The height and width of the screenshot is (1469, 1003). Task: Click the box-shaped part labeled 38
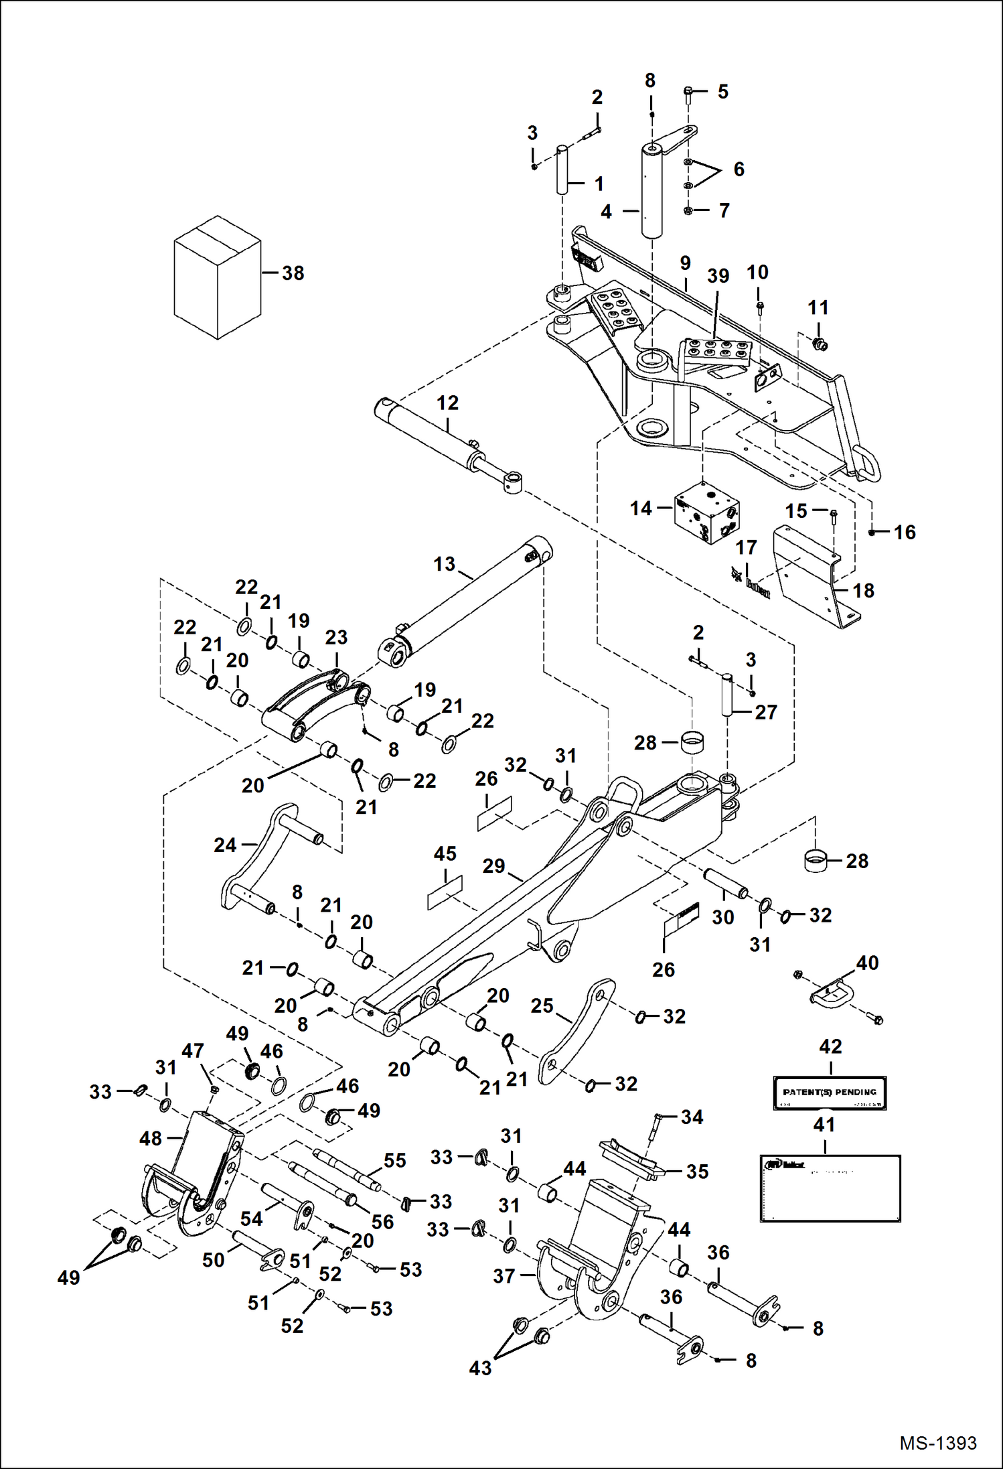(x=217, y=277)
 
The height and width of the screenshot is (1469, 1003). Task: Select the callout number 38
(x=293, y=273)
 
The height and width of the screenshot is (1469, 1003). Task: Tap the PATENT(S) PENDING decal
(x=830, y=1093)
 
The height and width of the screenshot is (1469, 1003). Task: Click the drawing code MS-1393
(x=937, y=1443)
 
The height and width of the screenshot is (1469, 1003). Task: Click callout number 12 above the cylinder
(x=447, y=403)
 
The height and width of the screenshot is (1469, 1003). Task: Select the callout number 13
(x=444, y=564)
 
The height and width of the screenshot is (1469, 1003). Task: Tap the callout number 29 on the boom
(x=493, y=866)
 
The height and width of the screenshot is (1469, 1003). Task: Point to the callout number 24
(x=225, y=845)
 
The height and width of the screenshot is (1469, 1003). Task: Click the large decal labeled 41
(x=830, y=1188)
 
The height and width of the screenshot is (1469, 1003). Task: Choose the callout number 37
(x=504, y=1276)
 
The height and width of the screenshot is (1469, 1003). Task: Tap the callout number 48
(x=151, y=1138)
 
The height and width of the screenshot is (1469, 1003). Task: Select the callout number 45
(x=445, y=853)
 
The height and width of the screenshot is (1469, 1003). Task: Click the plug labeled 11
(x=818, y=344)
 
